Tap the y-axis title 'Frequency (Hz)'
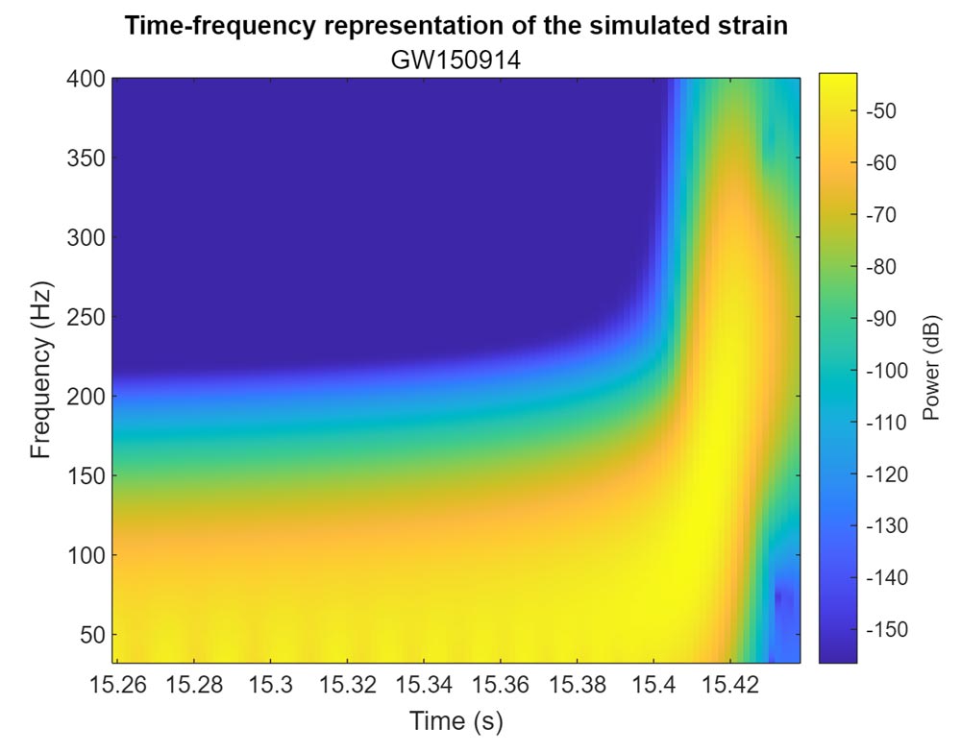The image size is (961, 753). [x=40, y=370]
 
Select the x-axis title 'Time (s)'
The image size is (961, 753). [x=456, y=720]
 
